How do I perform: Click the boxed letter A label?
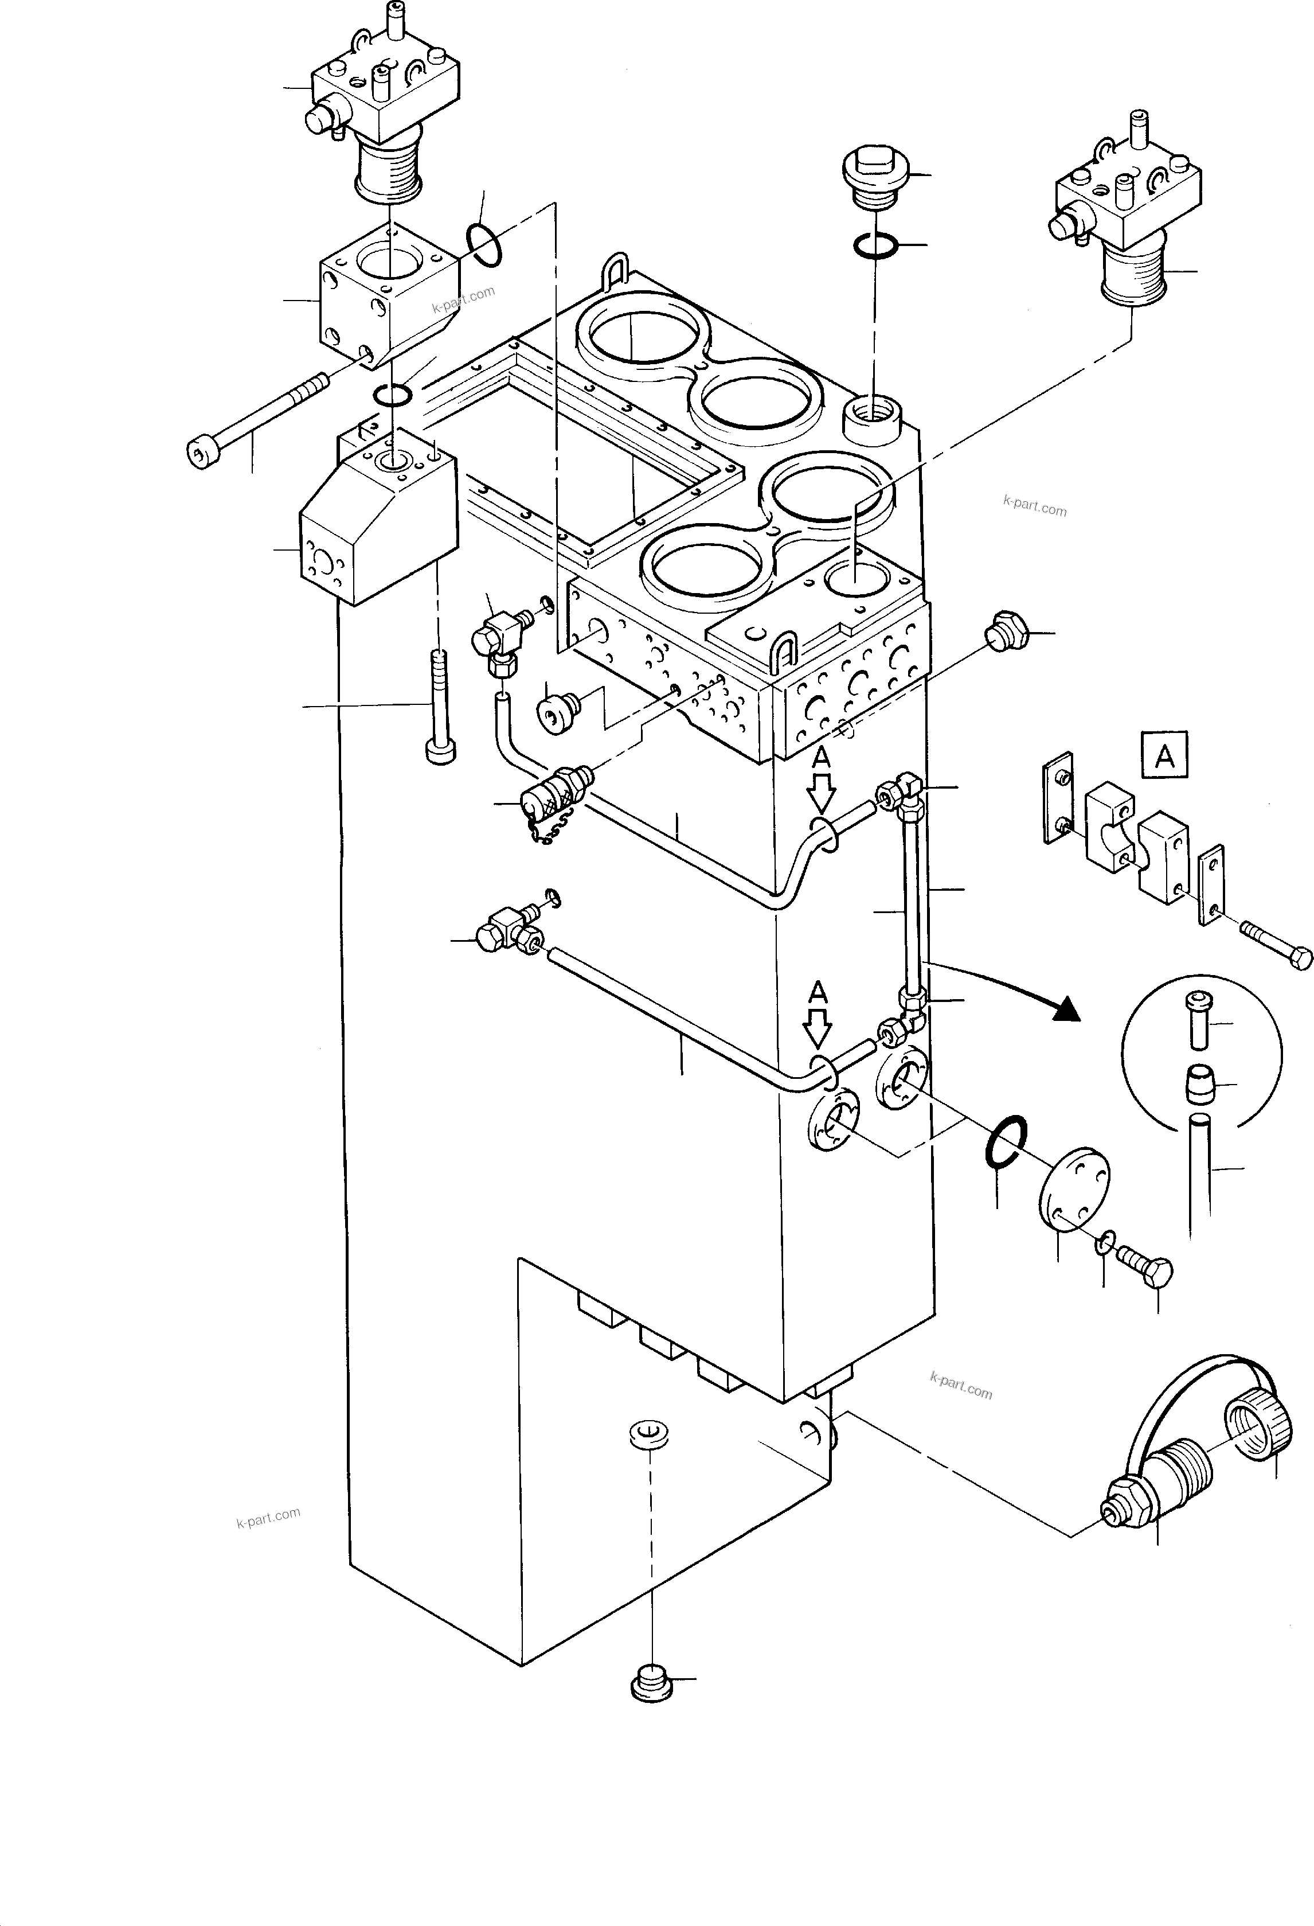tap(1164, 755)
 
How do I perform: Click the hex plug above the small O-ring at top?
tap(875, 175)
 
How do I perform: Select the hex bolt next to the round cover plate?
tap(1146, 1269)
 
